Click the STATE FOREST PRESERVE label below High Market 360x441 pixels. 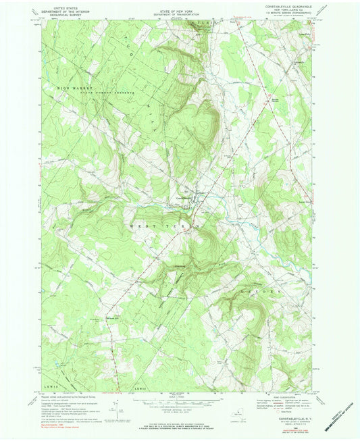(111, 90)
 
